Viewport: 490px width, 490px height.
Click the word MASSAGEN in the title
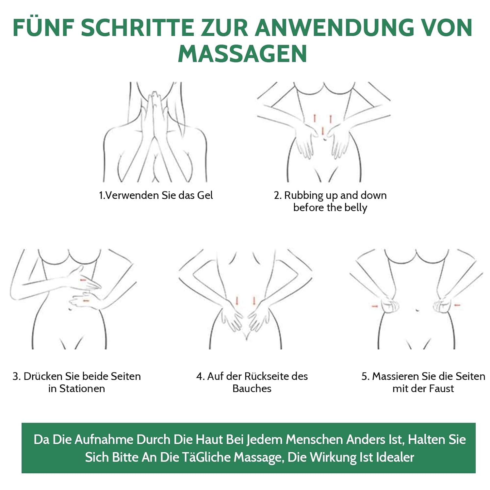pos(242,53)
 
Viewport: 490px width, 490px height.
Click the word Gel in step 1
pos(205,195)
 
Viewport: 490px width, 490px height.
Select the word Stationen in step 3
pos(82,389)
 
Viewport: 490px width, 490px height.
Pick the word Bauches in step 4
pos(252,389)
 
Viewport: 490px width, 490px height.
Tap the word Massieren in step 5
pos(396,376)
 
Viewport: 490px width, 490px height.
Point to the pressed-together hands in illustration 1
pos(154,114)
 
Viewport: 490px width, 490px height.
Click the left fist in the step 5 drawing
pos(390,306)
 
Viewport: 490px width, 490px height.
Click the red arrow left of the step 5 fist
pos(375,306)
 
